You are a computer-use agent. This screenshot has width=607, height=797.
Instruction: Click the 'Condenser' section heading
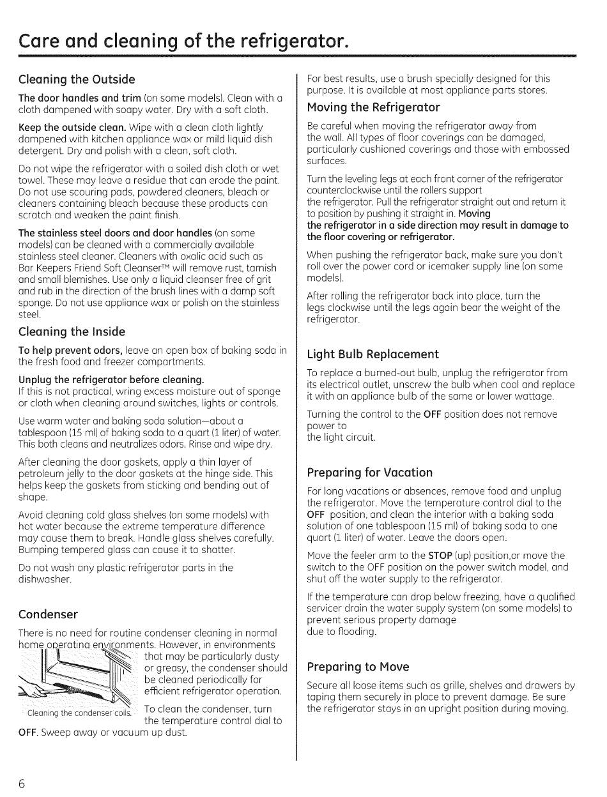(49, 614)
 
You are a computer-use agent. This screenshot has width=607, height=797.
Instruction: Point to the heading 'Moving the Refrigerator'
(374, 107)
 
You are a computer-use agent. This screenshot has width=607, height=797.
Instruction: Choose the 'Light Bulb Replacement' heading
(373, 354)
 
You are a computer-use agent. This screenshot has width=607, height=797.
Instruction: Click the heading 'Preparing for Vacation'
(370, 473)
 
